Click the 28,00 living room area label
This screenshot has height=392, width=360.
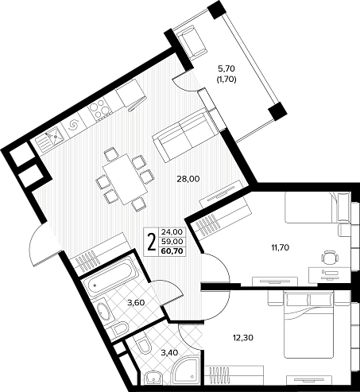188,179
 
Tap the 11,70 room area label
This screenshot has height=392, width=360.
280,248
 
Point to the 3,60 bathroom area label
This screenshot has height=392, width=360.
136,302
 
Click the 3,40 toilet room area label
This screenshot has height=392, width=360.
169,352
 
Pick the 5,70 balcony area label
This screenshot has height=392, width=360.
226,69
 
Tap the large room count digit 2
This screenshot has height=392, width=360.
152,242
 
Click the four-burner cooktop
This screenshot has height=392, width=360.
99,109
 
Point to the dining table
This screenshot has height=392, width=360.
126,179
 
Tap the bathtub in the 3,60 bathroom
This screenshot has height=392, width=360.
110,277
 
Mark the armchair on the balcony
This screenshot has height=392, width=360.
190,42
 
